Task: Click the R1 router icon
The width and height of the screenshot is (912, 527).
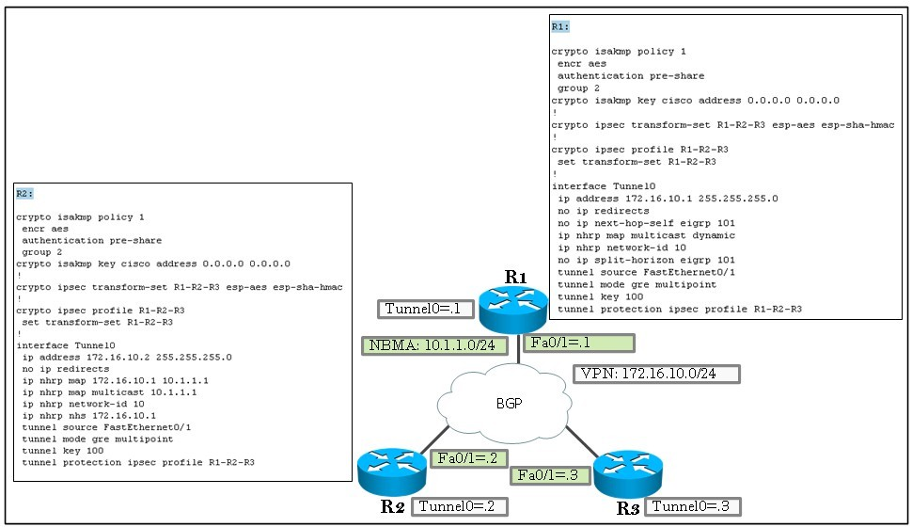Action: click(x=513, y=310)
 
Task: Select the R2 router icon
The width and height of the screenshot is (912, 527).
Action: click(x=392, y=471)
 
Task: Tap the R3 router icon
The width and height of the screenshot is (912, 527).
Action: click(x=627, y=473)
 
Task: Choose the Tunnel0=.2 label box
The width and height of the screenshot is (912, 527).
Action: click(x=460, y=506)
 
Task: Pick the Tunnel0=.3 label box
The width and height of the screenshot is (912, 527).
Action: click(x=693, y=506)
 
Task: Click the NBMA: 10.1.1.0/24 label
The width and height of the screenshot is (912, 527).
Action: click(x=434, y=345)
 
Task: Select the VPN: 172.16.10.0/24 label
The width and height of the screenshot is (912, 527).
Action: click(x=656, y=374)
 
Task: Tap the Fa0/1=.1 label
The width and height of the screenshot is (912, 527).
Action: click(x=579, y=343)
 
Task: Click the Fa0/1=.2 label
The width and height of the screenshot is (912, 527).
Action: click(x=469, y=458)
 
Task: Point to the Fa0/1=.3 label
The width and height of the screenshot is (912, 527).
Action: click(x=550, y=475)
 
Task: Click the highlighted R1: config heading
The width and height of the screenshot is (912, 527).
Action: click(x=560, y=26)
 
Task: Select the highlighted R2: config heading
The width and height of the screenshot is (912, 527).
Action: click(x=25, y=194)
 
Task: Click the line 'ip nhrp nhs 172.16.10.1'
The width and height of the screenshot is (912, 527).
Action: click(x=89, y=416)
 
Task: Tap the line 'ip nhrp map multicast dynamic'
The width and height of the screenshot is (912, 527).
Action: click(x=646, y=235)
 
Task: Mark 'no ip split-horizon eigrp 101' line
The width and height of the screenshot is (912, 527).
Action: click(x=646, y=260)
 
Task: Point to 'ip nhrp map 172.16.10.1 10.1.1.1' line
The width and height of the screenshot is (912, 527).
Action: click(x=115, y=381)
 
